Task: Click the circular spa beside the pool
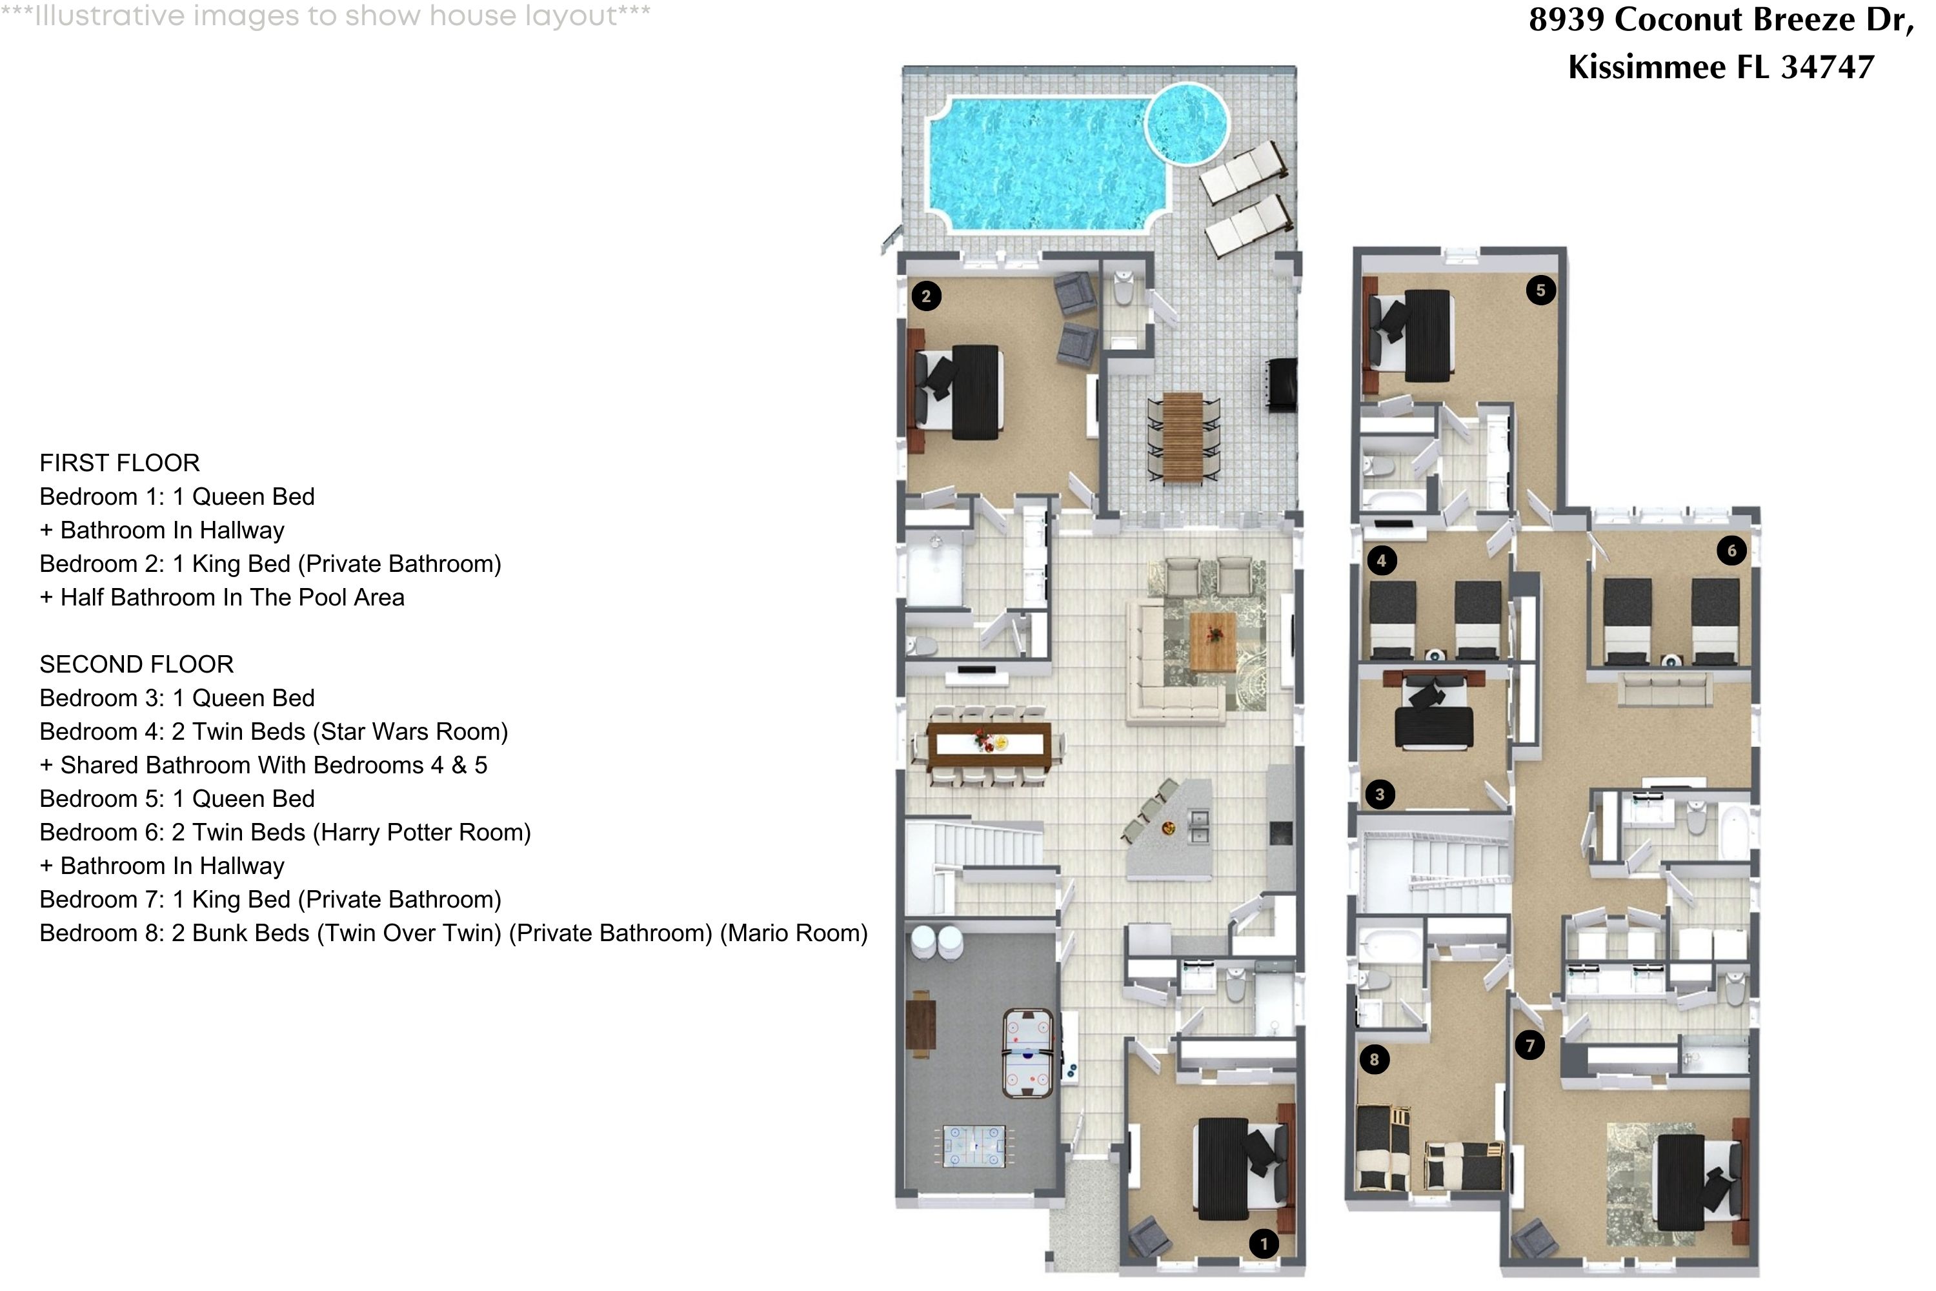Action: tap(1186, 123)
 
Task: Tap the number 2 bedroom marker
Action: tap(926, 296)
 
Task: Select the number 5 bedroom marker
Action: tap(1540, 290)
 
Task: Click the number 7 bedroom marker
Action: tap(1529, 1046)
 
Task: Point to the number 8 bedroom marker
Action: tap(1374, 1060)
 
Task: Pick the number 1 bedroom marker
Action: tap(1264, 1243)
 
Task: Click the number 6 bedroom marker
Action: tap(1731, 551)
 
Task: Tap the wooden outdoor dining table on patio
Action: tap(1183, 437)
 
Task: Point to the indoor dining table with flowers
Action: tap(989, 744)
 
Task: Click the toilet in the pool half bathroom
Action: tap(1124, 289)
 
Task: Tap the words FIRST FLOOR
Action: tap(119, 463)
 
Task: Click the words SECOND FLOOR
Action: tap(137, 664)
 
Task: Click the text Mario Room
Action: tap(794, 933)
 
